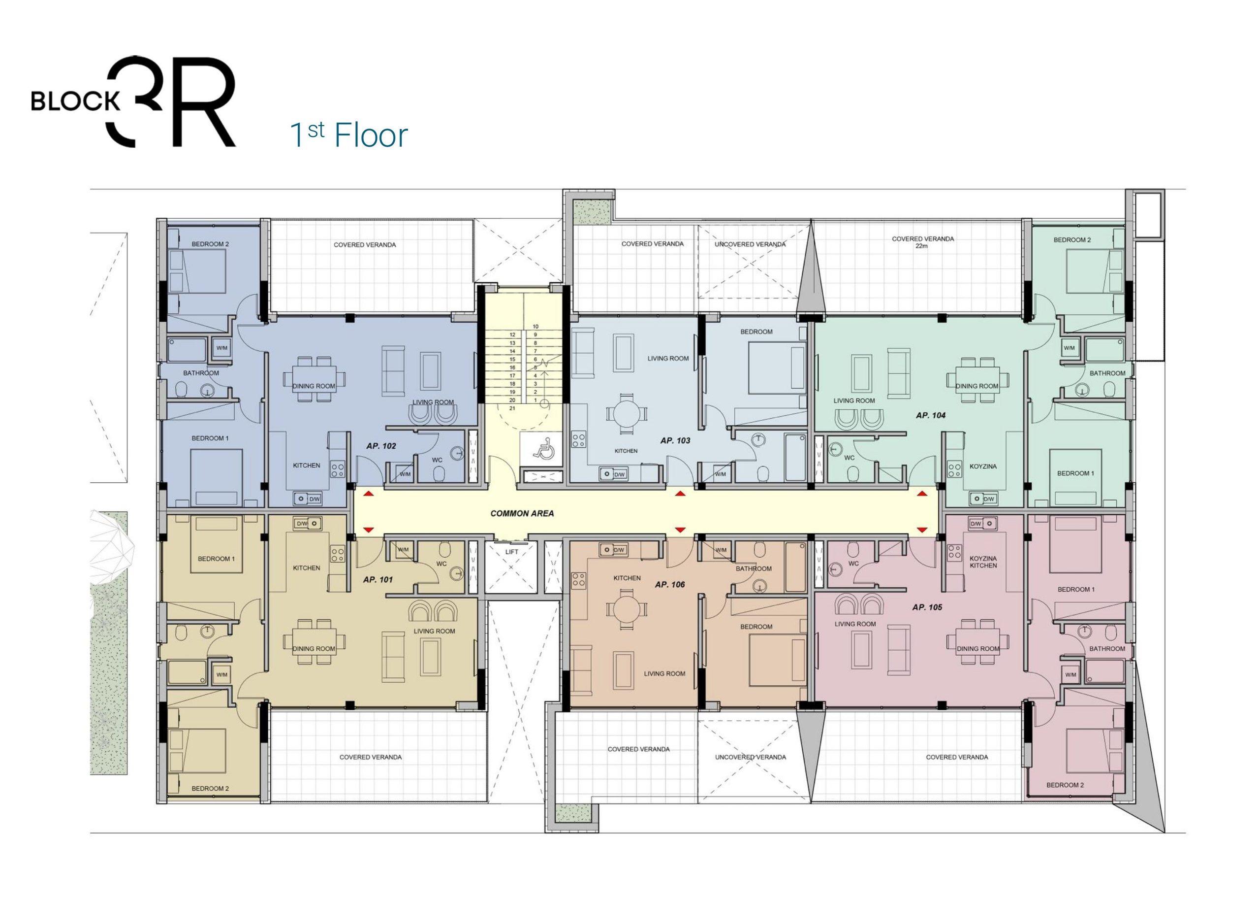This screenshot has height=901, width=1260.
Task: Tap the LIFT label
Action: pos(511,551)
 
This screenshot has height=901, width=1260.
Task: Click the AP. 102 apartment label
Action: pos(381,445)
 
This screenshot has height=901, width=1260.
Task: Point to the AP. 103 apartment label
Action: pos(675,440)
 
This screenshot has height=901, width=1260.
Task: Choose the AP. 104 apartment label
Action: pos(931,415)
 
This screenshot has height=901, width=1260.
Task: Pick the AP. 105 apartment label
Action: pos(927,607)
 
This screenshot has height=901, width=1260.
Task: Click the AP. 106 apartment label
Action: pos(670,584)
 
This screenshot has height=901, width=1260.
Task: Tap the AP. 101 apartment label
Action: pos(378,580)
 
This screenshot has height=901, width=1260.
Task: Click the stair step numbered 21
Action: pos(512,408)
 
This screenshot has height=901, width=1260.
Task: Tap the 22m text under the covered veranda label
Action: pos(922,246)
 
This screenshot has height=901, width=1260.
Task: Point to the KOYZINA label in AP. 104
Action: pos(983,467)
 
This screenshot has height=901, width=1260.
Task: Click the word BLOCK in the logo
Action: pos(75,101)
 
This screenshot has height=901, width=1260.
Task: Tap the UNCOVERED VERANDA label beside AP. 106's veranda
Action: pos(750,757)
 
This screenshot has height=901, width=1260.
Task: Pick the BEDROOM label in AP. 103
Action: pos(756,332)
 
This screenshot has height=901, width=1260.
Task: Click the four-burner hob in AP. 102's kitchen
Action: pos(337,470)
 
